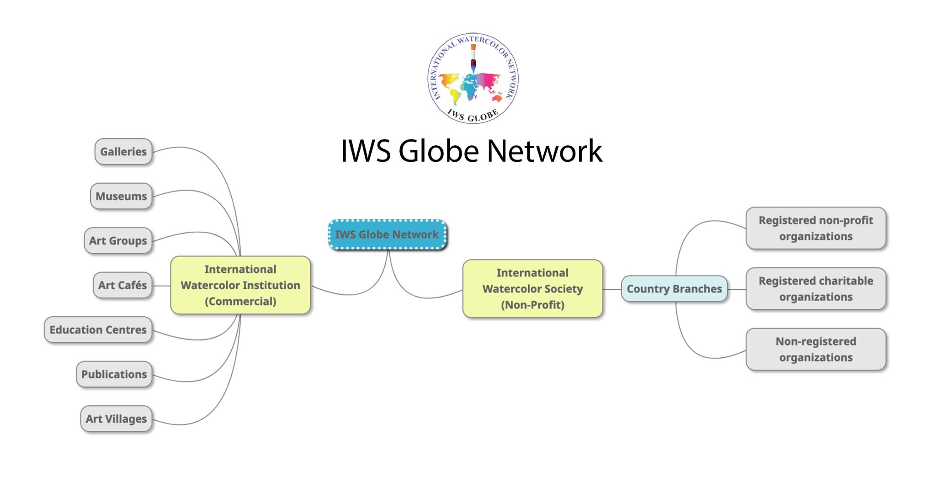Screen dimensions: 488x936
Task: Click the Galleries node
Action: tap(123, 152)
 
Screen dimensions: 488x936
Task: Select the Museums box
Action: tap(121, 196)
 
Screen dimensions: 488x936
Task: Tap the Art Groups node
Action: tap(118, 240)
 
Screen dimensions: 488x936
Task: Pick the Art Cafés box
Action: tap(122, 285)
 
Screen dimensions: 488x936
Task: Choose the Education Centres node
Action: tap(98, 329)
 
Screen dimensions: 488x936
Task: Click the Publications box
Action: tap(114, 374)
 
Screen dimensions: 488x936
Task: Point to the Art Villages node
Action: tap(116, 419)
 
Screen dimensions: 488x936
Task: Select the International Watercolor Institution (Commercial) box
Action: tap(240, 285)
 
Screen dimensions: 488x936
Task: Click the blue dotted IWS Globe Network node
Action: tap(387, 234)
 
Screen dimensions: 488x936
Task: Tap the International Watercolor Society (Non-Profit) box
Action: tap(532, 289)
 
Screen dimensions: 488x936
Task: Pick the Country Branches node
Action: tap(674, 289)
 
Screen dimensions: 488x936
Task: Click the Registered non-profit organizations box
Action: tap(816, 228)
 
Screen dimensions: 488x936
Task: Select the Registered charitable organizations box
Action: tap(816, 289)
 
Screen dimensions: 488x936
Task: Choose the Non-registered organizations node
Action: tap(816, 349)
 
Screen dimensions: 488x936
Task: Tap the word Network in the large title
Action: tap(544, 151)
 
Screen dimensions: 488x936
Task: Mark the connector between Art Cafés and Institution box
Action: tap(161, 286)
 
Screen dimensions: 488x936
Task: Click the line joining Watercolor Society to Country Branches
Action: tap(612, 289)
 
